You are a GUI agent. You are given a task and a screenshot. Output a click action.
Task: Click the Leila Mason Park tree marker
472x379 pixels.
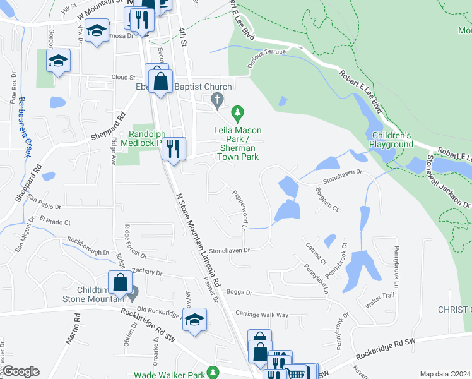237,114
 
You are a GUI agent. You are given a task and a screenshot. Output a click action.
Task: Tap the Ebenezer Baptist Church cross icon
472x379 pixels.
217,100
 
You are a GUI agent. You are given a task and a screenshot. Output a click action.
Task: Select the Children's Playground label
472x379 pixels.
391,140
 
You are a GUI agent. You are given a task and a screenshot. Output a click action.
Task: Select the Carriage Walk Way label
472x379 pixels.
261,314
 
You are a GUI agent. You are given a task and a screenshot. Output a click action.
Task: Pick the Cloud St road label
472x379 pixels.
123,77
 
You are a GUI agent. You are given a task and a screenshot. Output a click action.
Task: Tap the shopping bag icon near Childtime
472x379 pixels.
120,283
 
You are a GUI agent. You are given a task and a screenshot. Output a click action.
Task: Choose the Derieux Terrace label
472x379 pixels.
266,55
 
